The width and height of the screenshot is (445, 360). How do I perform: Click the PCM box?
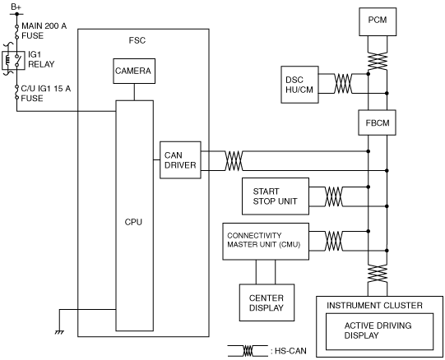[378, 22]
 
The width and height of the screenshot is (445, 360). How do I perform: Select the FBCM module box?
[378, 122]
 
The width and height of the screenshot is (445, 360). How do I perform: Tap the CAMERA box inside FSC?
[134, 71]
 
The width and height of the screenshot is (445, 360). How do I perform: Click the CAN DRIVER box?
[180, 160]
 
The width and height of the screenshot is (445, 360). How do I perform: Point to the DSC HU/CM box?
[299, 85]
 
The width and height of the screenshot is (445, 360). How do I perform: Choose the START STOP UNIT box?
[276, 196]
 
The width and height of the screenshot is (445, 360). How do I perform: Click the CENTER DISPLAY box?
[267, 302]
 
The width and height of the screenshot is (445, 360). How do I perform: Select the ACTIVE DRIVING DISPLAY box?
[379, 331]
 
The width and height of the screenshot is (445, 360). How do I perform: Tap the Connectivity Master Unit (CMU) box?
[266, 242]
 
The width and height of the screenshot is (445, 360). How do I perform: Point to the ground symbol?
[59, 332]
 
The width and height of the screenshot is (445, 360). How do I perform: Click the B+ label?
[16, 7]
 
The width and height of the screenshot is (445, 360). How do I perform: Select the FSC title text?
[137, 40]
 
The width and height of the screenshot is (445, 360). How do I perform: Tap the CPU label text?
[133, 222]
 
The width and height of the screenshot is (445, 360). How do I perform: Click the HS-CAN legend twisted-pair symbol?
[248, 351]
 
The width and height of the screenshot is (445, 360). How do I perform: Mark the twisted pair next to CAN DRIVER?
[234, 161]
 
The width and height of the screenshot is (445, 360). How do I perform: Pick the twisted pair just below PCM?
[378, 61]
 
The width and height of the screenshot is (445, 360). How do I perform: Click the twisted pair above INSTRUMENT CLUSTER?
[378, 273]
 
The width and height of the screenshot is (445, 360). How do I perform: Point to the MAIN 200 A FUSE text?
[44, 30]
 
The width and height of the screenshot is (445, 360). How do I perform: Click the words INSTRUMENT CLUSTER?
[374, 306]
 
